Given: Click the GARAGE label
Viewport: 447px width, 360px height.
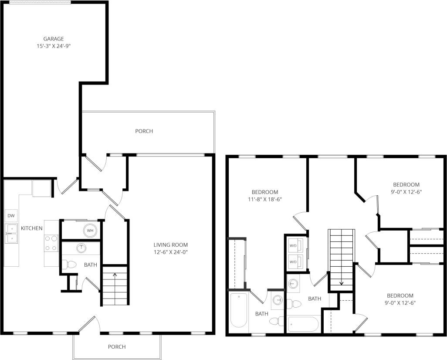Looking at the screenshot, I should point(53,38).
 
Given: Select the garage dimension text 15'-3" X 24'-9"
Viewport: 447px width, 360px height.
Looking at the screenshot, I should point(53,45).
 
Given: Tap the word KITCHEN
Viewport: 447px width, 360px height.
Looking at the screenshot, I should point(32,228).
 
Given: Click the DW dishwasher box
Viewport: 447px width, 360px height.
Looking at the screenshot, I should point(11,216).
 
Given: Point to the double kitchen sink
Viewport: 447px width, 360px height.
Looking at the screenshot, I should point(11,233).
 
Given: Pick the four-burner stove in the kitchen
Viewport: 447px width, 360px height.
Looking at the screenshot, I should point(51,243).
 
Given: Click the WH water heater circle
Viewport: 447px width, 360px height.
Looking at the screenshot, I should point(90,231).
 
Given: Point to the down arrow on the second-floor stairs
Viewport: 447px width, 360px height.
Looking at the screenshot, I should point(341,282).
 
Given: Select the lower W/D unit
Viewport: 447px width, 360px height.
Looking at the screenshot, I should point(295,262).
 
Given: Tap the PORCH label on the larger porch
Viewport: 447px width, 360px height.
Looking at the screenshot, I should point(144,131).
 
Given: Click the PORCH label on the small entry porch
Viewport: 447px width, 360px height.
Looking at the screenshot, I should point(117,346).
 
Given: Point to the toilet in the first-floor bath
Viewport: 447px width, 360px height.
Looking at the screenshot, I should point(68,264).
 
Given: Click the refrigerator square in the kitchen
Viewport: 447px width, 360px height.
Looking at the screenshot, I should point(41,188).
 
